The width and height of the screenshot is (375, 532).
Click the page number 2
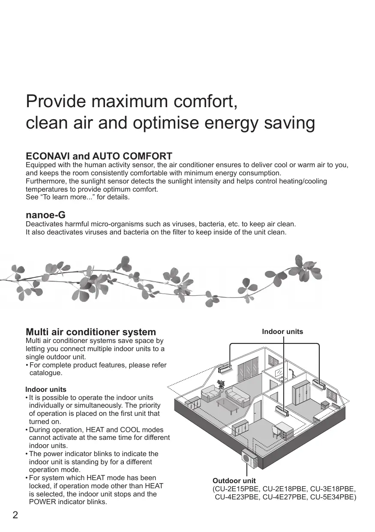(x=15, y=515)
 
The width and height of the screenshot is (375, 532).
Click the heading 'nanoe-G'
(x=45, y=215)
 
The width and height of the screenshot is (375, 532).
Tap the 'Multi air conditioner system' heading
(x=91, y=332)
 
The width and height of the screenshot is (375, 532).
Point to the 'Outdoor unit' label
(x=234, y=481)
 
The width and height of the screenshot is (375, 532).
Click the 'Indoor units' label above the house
(x=282, y=332)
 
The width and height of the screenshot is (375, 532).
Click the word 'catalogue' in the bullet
(x=46, y=373)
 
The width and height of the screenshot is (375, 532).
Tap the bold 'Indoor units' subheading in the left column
(x=46, y=390)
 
